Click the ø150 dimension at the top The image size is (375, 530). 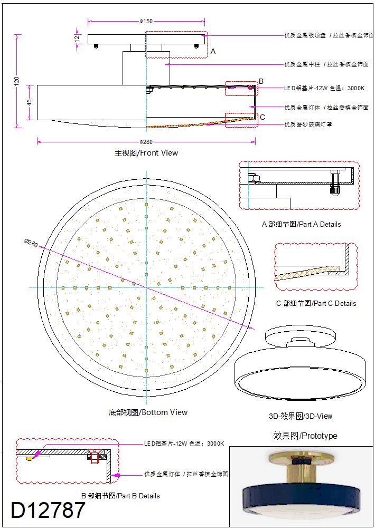(x=146, y=21)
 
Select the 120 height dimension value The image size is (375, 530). (x=16, y=81)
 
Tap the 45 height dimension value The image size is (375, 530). (x=30, y=102)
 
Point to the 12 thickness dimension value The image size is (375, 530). (x=77, y=38)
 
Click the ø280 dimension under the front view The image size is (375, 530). (x=146, y=141)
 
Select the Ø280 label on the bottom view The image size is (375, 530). (x=32, y=244)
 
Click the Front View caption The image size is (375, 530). (x=146, y=153)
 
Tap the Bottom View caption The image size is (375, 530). (x=148, y=412)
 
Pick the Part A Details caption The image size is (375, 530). (x=302, y=224)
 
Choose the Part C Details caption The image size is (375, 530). (x=316, y=303)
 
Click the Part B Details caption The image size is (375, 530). (x=120, y=496)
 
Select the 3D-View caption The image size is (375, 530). (x=301, y=416)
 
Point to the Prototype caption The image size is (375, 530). (x=305, y=436)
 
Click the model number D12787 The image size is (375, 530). (x=48, y=510)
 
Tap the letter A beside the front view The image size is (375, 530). (x=213, y=52)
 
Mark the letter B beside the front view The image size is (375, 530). (x=261, y=81)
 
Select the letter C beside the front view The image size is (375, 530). (x=262, y=117)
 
